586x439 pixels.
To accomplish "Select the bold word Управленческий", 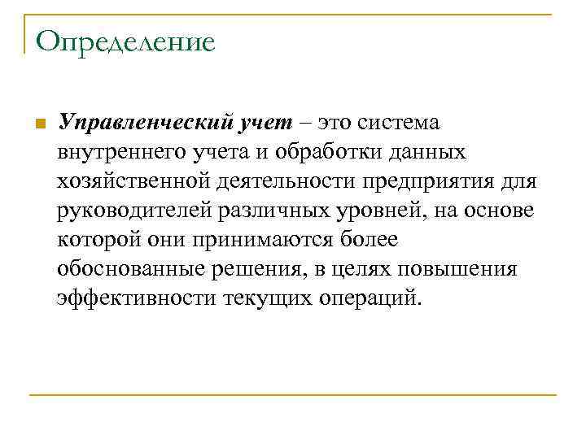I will pos(144,123).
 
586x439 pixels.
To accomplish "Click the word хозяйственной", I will pos(131,181).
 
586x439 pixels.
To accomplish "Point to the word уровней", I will pos(371,211).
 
